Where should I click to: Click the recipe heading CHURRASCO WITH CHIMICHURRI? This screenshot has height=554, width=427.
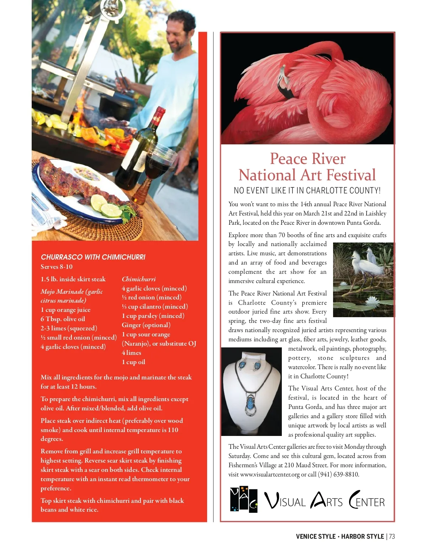tap(93, 257)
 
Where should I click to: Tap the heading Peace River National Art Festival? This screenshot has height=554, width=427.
tap(307, 167)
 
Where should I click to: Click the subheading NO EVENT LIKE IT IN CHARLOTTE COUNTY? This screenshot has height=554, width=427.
tap(307, 191)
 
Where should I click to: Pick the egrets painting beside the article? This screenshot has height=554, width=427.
tap(363, 279)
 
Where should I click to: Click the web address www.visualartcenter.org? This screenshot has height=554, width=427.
tap(270, 474)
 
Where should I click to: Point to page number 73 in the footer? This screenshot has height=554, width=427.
tap(392, 537)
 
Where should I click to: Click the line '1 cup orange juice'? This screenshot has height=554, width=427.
tap(65, 310)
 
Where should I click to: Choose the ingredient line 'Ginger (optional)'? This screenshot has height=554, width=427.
tap(146, 325)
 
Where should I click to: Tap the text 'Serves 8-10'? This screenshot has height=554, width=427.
tap(57, 267)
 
